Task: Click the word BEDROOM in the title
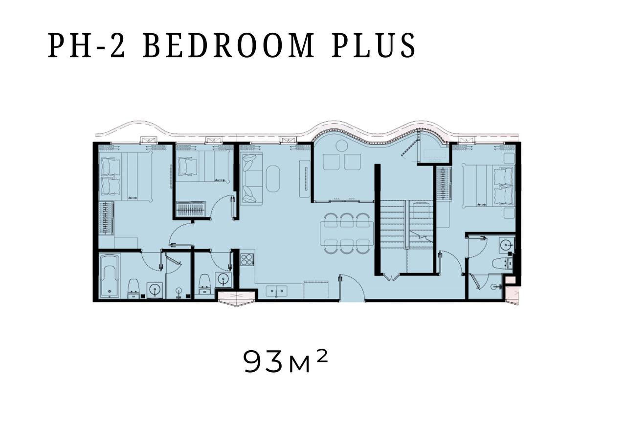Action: (228, 45)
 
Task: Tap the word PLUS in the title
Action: (374, 45)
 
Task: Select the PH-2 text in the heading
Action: (87, 45)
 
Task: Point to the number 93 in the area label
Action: (263, 362)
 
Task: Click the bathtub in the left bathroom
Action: (110, 275)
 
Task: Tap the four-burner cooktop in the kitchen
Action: (247, 259)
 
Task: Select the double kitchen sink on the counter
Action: (276, 291)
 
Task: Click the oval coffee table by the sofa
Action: (272, 179)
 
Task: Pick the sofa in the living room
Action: (251, 179)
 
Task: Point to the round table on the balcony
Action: (341, 146)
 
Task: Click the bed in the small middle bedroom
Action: (204, 167)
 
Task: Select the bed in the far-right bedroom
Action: (488, 186)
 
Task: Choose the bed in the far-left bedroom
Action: (126, 176)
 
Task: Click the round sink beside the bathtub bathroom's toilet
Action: (155, 291)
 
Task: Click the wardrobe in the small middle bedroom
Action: (192, 209)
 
